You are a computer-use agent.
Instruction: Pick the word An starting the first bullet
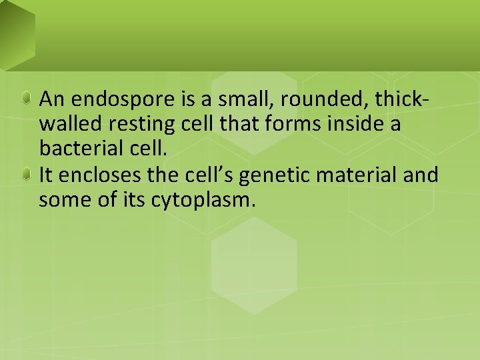(x=52, y=100)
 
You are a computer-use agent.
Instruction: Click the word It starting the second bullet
(x=45, y=175)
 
